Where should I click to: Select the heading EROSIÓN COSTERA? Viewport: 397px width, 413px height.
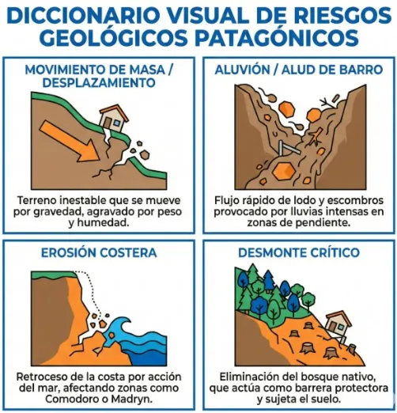pyautogui.click(x=99, y=252)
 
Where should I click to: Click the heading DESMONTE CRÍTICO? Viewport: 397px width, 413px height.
pyautogui.click(x=298, y=252)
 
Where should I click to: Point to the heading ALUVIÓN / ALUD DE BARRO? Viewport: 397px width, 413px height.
pyautogui.click(x=298, y=70)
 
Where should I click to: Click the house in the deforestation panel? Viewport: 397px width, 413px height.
pyautogui.click(x=338, y=324)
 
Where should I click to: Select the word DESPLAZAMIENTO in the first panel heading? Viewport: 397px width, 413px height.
pyautogui.click(x=99, y=81)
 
